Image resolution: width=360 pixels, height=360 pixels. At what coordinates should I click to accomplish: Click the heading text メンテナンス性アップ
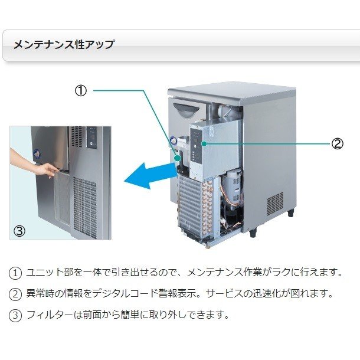[x=64, y=45]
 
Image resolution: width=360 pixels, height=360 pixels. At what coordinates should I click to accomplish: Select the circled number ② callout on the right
[x=337, y=143]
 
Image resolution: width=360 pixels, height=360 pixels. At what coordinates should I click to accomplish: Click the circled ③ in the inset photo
[x=19, y=231]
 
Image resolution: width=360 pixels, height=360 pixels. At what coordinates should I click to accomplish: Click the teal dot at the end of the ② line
[x=204, y=143]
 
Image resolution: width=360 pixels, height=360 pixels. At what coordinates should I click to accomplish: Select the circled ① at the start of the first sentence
[x=15, y=273]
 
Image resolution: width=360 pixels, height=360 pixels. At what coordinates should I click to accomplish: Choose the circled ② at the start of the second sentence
[x=15, y=293]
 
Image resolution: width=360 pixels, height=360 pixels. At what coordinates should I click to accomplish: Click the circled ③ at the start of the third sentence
[x=15, y=315]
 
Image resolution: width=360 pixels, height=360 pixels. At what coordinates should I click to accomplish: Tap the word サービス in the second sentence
[x=243, y=293]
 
